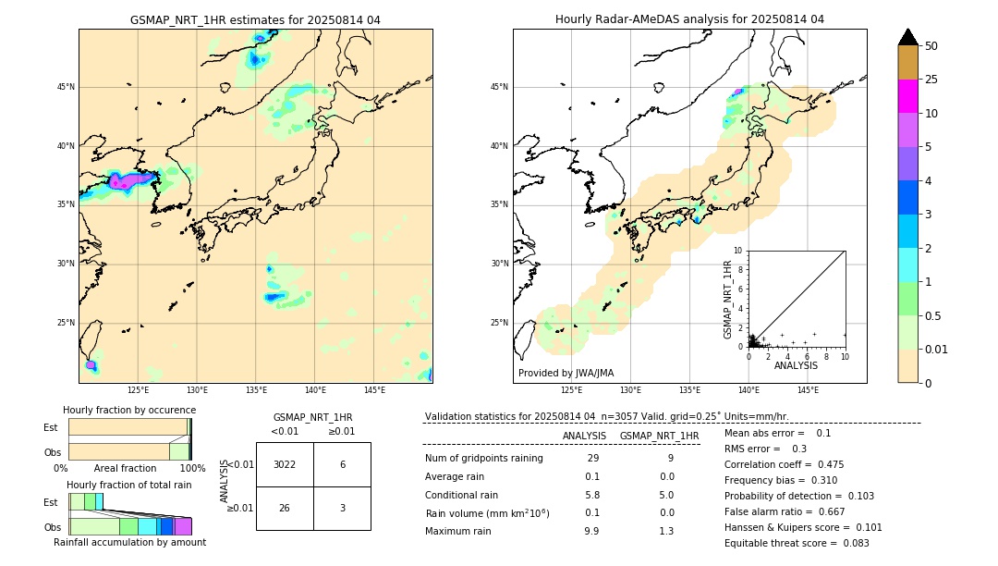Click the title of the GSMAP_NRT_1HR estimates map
coord(255,19)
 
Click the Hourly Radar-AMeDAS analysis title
coord(689,19)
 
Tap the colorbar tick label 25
coord(931,80)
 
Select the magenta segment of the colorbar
coord(908,96)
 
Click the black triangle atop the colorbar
coord(908,37)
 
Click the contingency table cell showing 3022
coord(285,464)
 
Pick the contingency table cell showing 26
coord(285,509)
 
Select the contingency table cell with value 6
coord(342,464)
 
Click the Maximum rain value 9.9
coord(591,531)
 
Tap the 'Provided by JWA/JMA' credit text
coord(566,373)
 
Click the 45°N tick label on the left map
coord(66,87)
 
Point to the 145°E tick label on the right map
coord(808,390)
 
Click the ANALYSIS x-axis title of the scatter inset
coord(796,365)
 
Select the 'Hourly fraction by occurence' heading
coord(129,410)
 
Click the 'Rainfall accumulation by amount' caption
coord(129,542)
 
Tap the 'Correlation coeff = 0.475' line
coord(784,464)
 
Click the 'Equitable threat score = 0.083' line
coord(797,543)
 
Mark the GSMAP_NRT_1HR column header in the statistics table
coord(659,436)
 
